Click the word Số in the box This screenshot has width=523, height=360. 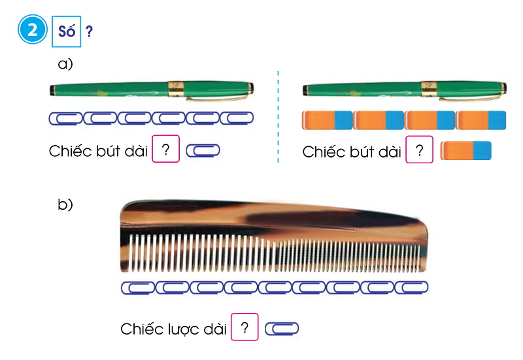pos(66,31)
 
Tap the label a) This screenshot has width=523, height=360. pos(65,64)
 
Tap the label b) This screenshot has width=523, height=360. pos(65,205)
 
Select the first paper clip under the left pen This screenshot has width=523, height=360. pos(65,118)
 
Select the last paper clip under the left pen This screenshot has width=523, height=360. pos(236,118)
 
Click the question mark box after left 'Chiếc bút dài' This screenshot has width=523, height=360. pos(166,149)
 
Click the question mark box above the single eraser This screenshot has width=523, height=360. pos(420,150)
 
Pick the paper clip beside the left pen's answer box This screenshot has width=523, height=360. pos(203,150)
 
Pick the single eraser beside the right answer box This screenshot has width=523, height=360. pos(466,151)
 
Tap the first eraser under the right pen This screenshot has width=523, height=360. pos(327,120)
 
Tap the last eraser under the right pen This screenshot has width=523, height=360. pos(481,120)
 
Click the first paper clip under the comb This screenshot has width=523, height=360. pos(138,287)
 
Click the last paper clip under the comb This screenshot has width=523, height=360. pos(411,287)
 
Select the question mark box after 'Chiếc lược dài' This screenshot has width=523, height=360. pos(245,327)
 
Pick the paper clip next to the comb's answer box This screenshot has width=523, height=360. pos(282,328)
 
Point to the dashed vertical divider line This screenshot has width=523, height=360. pos(279,118)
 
